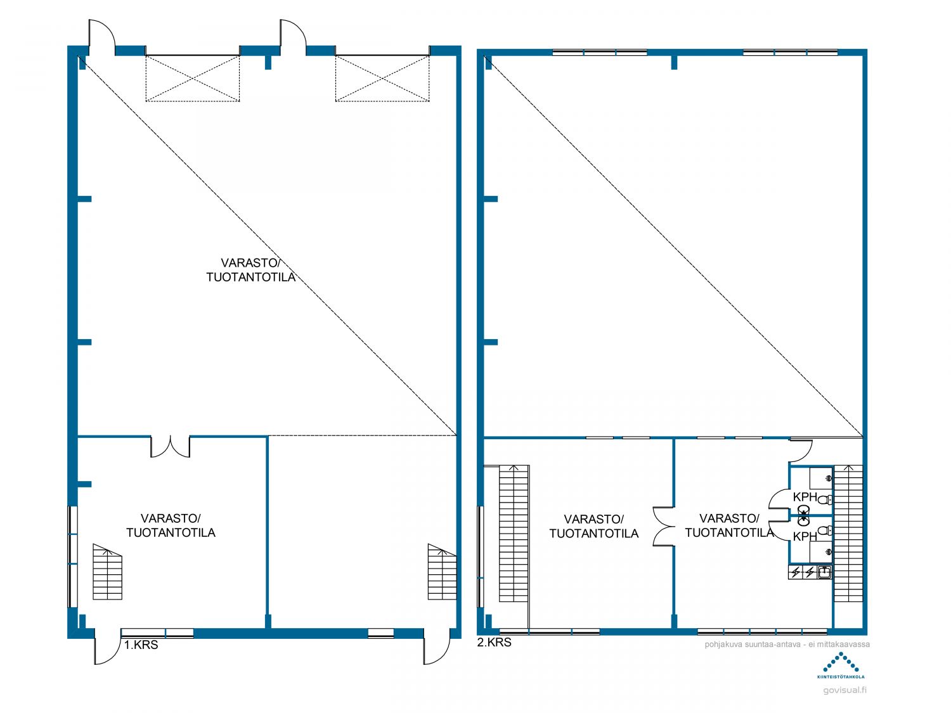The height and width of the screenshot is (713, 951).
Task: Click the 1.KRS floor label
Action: [x=141, y=645]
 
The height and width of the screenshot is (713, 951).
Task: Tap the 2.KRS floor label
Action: [x=494, y=643]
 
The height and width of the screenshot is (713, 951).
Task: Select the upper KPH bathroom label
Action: [x=805, y=497]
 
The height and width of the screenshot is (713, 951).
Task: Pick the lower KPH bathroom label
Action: [x=805, y=536]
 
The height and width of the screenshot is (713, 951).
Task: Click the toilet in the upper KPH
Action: [x=825, y=499]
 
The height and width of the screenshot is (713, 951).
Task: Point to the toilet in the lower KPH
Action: [x=825, y=530]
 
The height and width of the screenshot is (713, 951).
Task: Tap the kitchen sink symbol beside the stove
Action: [x=824, y=572]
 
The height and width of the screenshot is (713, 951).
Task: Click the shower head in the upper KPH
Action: [x=829, y=479]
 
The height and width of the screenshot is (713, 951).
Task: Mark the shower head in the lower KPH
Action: [x=829, y=552]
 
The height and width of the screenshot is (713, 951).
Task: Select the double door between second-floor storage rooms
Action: [x=664, y=526]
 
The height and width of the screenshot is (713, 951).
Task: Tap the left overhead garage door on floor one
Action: [x=192, y=79]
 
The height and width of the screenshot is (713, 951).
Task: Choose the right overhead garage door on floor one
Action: [x=382, y=79]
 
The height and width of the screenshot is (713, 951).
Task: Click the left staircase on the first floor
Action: [x=107, y=572]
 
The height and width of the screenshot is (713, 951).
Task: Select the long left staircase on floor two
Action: [x=514, y=534]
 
